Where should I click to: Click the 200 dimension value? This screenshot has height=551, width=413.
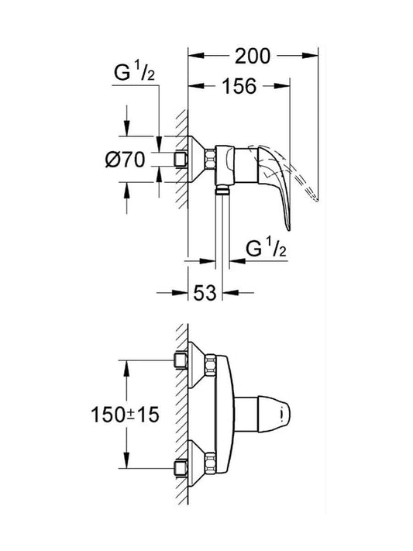click(253, 56)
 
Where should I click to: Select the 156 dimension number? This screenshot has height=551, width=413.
click(239, 86)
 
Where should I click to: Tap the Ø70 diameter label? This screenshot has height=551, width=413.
click(125, 160)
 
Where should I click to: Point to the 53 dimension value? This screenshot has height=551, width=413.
click(205, 292)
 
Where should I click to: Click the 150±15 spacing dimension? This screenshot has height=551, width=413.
click(125, 415)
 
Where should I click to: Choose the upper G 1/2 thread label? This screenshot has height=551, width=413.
click(135, 73)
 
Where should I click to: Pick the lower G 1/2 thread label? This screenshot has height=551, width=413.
click(266, 249)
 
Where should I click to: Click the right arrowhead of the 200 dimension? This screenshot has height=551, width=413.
click(310, 55)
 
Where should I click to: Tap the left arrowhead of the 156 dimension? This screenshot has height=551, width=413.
click(196, 86)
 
